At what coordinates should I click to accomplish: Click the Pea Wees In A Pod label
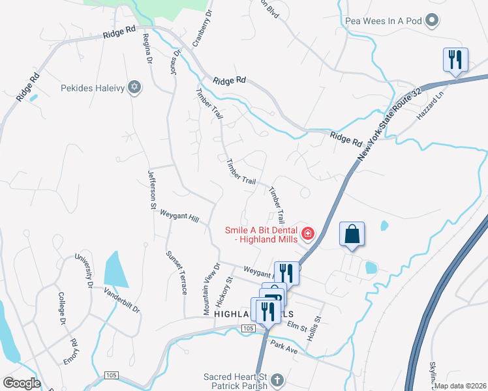point(384,22)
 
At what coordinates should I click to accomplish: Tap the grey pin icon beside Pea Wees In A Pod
point(431,22)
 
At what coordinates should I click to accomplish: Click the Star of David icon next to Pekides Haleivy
point(134,87)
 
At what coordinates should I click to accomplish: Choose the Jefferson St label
point(151,189)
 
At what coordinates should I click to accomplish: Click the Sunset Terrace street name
point(174,268)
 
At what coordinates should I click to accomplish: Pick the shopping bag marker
point(352,235)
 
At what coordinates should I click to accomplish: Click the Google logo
point(21,383)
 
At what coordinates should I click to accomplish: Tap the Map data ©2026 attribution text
point(459,386)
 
